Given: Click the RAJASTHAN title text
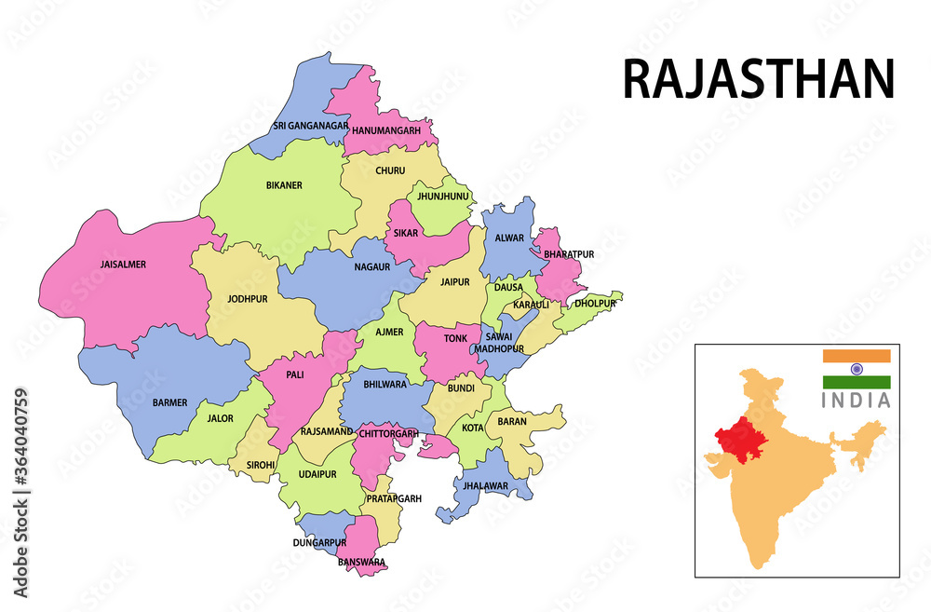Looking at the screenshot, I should (758, 79).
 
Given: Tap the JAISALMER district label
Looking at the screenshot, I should (123, 265).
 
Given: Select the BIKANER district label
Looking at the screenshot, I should (284, 185).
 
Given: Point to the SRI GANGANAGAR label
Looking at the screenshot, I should (311, 126).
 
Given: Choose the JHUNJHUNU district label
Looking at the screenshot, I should (442, 197).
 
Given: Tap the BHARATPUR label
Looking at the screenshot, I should (569, 254).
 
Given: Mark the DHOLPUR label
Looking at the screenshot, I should (595, 304).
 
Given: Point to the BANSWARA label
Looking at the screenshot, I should (361, 562).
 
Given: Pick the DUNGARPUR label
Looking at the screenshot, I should (319, 542).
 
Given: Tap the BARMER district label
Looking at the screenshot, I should (169, 402).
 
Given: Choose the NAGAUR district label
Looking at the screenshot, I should (371, 266).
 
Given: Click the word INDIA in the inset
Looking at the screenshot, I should (856, 401).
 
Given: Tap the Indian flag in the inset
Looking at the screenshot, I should (856, 369).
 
